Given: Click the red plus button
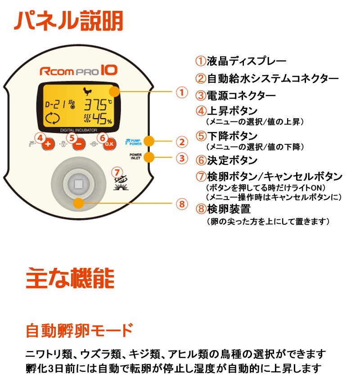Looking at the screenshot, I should click(x=49, y=145).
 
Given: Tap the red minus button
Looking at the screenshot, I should click(x=78, y=145).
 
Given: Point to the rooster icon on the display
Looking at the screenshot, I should click(x=86, y=92).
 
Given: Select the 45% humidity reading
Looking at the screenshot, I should click(x=100, y=119).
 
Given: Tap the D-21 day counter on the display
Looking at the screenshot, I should click(x=56, y=105).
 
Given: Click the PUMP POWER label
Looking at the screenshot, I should click(x=135, y=142).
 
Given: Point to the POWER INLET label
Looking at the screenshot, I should click(x=135, y=157).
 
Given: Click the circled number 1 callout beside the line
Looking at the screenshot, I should click(x=181, y=93).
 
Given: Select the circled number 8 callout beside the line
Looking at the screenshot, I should click(x=181, y=204).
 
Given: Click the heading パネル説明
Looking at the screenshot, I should click(x=68, y=21).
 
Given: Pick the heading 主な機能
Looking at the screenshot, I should click(x=70, y=278).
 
